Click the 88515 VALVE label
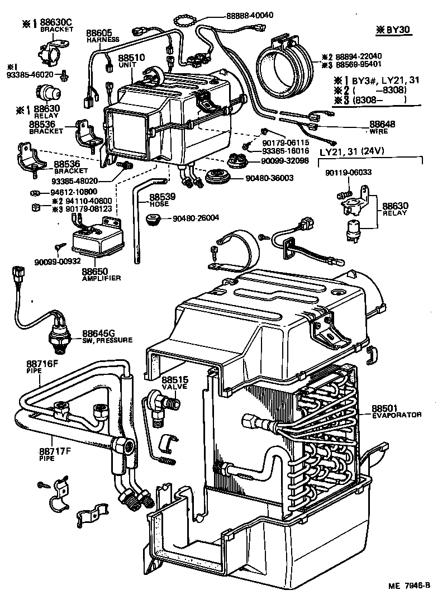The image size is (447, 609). pos(175,383)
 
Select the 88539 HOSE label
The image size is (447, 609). pos(162,200)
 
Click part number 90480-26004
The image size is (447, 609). pos(196,218)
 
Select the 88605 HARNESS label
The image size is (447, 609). pos(102,36)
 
